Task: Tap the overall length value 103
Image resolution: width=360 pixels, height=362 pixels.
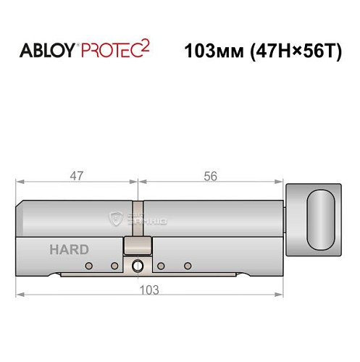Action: (x=149, y=289)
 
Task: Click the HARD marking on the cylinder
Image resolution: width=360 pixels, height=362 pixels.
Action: (x=70, y=249)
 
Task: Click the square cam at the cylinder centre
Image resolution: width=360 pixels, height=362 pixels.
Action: (x=137, y=245)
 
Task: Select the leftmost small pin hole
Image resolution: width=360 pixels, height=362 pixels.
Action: (x=88, y=266)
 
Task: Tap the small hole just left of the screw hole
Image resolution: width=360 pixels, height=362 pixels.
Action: (x=114, y=266)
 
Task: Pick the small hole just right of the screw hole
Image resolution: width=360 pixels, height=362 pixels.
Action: (x=161, y=266)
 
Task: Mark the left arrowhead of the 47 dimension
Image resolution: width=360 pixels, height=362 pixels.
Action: (x=21, y=182)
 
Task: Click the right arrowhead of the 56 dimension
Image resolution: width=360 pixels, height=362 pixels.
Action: (x=280, y=182)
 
